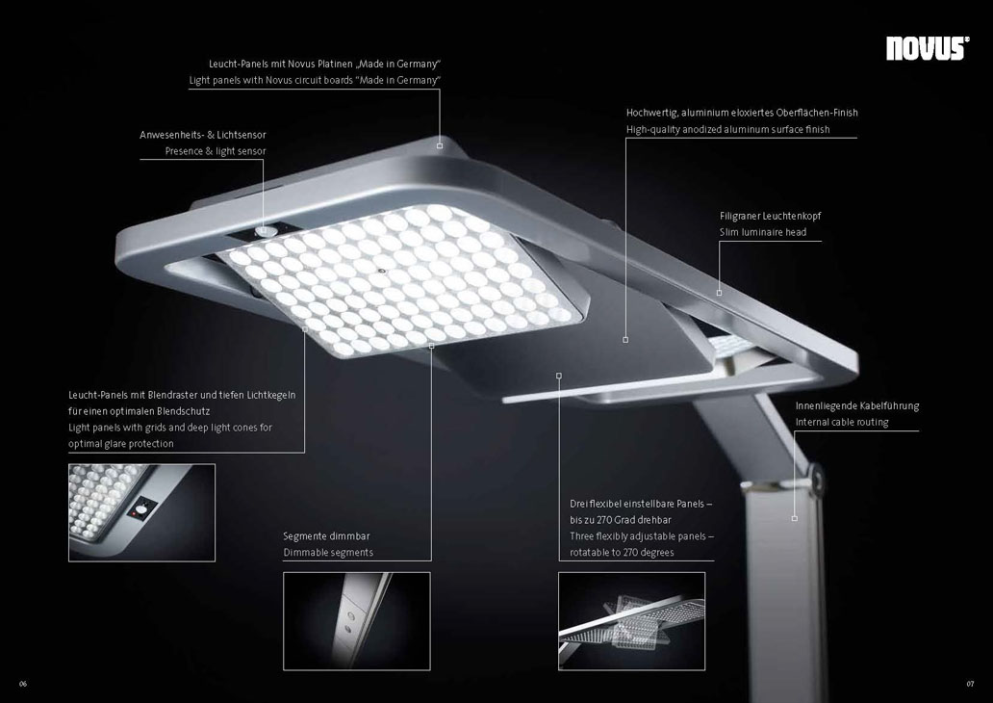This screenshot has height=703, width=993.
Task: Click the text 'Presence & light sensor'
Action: tap(216, 151)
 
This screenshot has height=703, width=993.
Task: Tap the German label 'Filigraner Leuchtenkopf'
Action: tap(770, 216)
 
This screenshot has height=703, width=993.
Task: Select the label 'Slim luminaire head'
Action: tap(763, 232)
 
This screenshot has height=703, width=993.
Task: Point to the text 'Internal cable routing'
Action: tap(842, 422)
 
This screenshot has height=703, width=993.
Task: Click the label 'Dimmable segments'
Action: tap(328, 552)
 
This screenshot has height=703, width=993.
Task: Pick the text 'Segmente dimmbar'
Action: tap(326, 536)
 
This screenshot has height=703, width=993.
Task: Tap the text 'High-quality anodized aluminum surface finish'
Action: tap(727, 129)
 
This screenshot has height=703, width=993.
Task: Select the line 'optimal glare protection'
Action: tap(121, 444)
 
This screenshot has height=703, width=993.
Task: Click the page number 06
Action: tap(23, 684)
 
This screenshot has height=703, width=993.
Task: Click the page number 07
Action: tap(970, 684)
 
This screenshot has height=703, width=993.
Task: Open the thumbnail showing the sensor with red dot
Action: tap(141, 513)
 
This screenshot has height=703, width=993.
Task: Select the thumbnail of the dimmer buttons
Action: tap(357, 621)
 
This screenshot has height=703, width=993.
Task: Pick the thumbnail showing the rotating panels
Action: tap(631, 621)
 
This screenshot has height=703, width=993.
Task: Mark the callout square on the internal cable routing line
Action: tap(794, 518)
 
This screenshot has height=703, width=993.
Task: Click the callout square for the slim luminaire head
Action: tap(719, 293)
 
